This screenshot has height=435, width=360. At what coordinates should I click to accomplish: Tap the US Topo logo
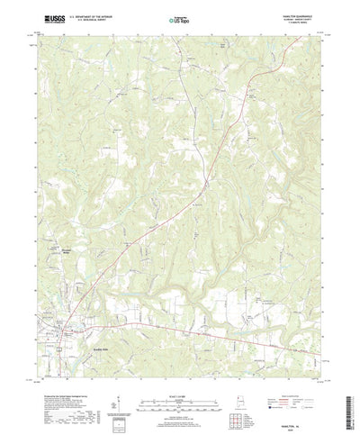180,18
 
